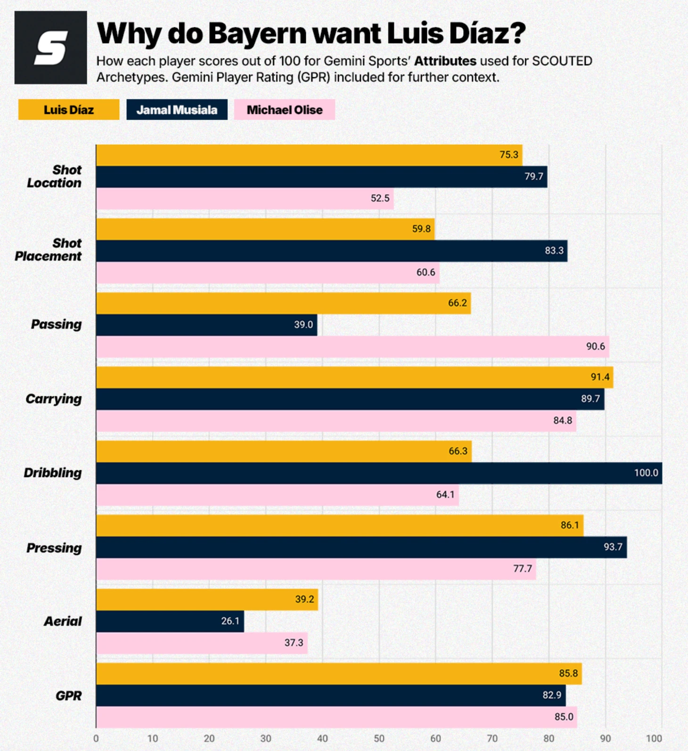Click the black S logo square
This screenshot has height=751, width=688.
click(x=50, y=48)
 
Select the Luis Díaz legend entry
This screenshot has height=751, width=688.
click(x=69, y=110)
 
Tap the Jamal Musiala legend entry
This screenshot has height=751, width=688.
click(x=177, y=110)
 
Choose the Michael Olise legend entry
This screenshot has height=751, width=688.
click(x=285, y=110)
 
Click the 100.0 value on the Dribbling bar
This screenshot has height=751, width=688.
click(x=646, y=473)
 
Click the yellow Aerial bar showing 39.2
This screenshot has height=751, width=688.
click(x=207, y=599)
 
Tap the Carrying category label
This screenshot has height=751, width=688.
click(x=54, y=399)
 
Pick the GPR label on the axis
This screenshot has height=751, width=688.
click(x=69, y=696)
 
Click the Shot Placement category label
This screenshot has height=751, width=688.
click(x=49, y=250)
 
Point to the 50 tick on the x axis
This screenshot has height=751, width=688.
click(x=379, y=739)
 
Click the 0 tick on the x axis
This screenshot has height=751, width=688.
click(x=96, y=739)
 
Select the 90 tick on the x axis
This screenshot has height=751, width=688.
click(x=605, y=739)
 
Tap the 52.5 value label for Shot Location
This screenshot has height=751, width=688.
click(x=380, y=198)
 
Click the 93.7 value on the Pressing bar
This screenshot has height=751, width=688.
click(x=613, y=547)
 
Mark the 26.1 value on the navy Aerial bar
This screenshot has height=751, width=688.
click(x=230, y=621)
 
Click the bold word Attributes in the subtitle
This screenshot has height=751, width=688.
click(x=445, y=61)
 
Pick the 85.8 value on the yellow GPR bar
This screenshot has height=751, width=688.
click(x=568, y=674)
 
